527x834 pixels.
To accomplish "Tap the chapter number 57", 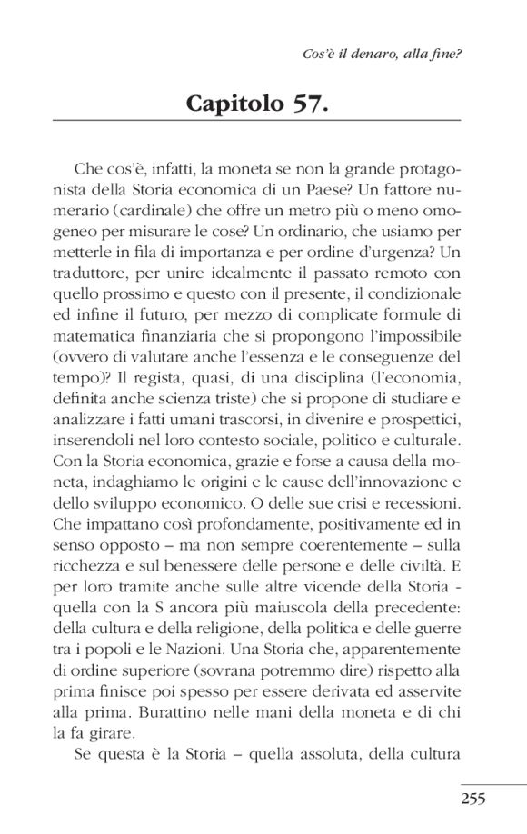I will coord(310,103).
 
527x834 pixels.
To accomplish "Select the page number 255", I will coord(473,799).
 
